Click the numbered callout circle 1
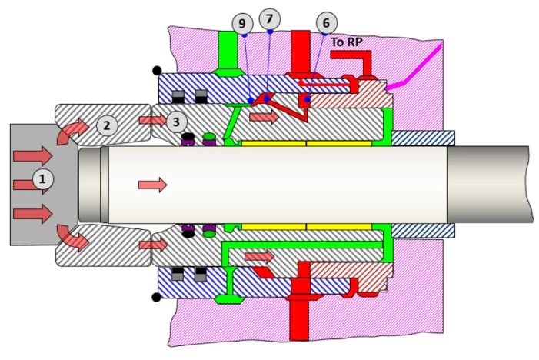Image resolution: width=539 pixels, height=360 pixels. coord(42,179)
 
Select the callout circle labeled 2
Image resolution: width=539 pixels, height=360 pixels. coord(107,125)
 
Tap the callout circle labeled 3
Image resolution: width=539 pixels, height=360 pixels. coord(176,122)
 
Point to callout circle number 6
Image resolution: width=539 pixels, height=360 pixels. coord(326,23)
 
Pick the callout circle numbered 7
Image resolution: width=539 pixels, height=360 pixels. coord(269,19)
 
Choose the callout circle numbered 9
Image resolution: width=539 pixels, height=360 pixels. coord(242,23)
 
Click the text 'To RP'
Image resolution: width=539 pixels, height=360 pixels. coord(347,42)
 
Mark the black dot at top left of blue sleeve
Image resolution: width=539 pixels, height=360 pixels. coord(157,71)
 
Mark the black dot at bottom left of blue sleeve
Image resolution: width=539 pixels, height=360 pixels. coord(156,297)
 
